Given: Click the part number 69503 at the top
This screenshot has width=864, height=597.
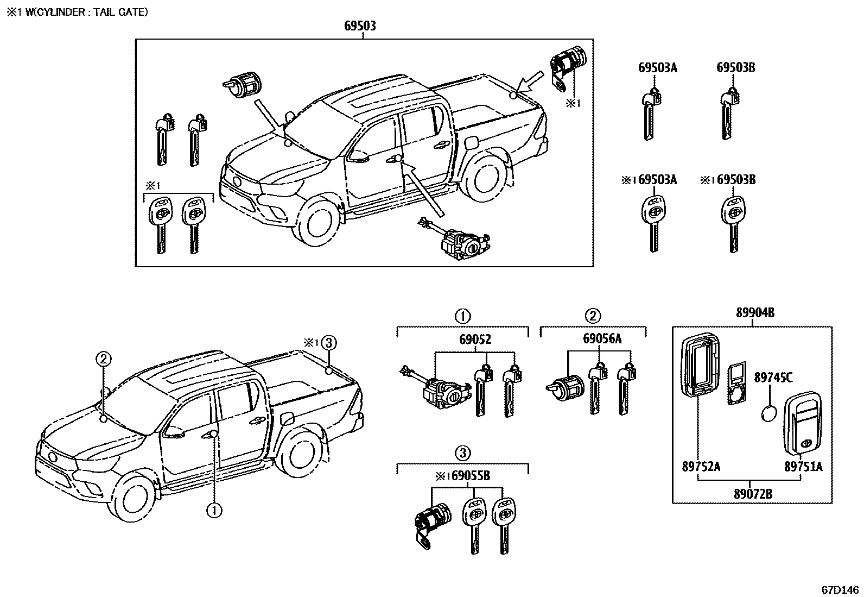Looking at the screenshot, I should point(360,26).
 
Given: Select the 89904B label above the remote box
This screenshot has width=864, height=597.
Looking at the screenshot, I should point(755,312).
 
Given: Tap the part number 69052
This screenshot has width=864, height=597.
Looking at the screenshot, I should point(475,340).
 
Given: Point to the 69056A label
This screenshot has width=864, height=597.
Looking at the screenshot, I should point(602,339).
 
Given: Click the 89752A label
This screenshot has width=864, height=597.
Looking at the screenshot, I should point(701,466).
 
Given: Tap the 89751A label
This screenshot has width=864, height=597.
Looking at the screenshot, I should point(803,466).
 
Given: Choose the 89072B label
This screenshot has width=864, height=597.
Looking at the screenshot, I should point(752,494).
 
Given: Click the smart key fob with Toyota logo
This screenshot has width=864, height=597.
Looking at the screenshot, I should point(803,422).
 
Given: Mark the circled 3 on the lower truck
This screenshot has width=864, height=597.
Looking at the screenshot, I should point(328,343).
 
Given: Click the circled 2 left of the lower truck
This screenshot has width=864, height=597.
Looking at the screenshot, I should point(104,359).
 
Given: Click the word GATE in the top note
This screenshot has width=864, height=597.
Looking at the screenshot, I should point(133,11).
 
